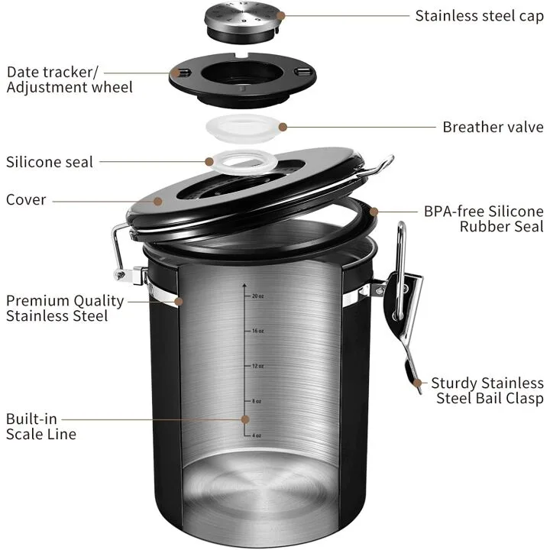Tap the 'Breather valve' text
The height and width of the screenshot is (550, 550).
(x=493, y=127)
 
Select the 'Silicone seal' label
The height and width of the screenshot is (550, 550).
(x=50, y=162)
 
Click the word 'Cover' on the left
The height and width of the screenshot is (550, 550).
(x=26, y=200)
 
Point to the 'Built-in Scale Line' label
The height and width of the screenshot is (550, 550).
(x=41, y=427)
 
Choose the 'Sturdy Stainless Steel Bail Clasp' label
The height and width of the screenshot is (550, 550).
(x=487, y=390)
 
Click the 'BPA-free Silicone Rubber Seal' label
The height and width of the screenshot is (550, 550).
(x=484, y=218)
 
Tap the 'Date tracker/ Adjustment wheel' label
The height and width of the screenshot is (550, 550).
(x=70, y=79)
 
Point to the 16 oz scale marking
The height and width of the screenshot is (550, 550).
(x=257, y=331)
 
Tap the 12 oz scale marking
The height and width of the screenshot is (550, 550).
(x=257, y=366)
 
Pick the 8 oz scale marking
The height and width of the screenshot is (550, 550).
(x=257, y=401)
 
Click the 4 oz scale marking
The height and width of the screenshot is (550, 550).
(x=257, y=435)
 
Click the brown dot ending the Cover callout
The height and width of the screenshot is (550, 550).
(x=158, y=200)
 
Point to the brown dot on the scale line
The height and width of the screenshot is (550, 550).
(x=245, y=419)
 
